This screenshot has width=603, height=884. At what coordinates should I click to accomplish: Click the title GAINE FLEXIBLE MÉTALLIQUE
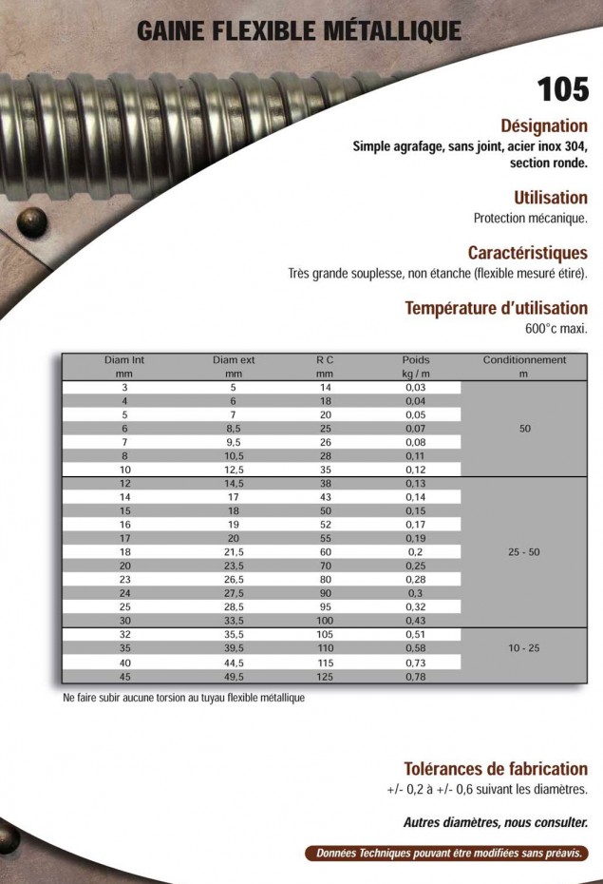[x=299, y=31]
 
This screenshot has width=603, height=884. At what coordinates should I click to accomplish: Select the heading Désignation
[x=543, y=126]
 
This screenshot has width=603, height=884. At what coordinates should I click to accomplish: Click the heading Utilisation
[x=550, y=198]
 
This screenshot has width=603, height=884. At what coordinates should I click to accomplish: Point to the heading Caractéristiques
[x=527, y=253]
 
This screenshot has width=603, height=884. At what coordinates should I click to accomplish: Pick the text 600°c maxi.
[x=556, y=330]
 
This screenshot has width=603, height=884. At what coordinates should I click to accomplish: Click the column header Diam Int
[x=124, y=360]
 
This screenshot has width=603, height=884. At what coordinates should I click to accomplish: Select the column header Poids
[x=415, y=360]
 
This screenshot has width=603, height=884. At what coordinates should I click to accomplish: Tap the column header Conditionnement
[x=524, y=360]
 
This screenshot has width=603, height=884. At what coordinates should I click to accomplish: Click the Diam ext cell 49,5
[x=234, y=677]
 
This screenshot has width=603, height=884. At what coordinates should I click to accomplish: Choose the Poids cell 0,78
[x=415, y=677]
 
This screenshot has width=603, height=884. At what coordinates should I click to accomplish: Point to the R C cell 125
[x=325, y=677]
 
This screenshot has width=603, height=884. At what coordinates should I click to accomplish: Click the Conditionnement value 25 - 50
[x=524, y=552]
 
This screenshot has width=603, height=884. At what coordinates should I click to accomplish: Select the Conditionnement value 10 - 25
[x=524, y=647]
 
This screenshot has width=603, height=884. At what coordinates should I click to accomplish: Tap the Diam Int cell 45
[x=124, y=677]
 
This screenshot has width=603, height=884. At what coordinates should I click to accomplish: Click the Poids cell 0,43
[x=415, y=621]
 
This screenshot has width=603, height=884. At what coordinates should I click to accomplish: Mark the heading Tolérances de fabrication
[x=496, y=769]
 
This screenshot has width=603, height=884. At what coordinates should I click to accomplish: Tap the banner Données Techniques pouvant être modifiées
[x=447, y=853]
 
